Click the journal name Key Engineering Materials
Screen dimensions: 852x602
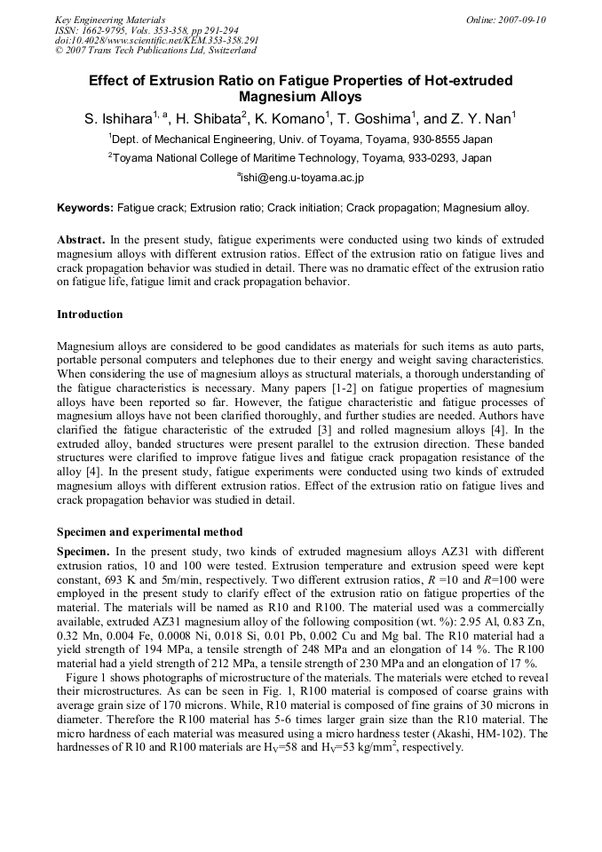pos(109,20)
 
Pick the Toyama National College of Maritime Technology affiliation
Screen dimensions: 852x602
pos(301,158)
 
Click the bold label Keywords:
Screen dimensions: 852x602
pos(85,209)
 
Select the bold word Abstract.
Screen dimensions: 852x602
pos(81,240)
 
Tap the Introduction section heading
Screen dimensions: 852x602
pos(90,315)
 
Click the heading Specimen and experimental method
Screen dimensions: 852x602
pos(149,532)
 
